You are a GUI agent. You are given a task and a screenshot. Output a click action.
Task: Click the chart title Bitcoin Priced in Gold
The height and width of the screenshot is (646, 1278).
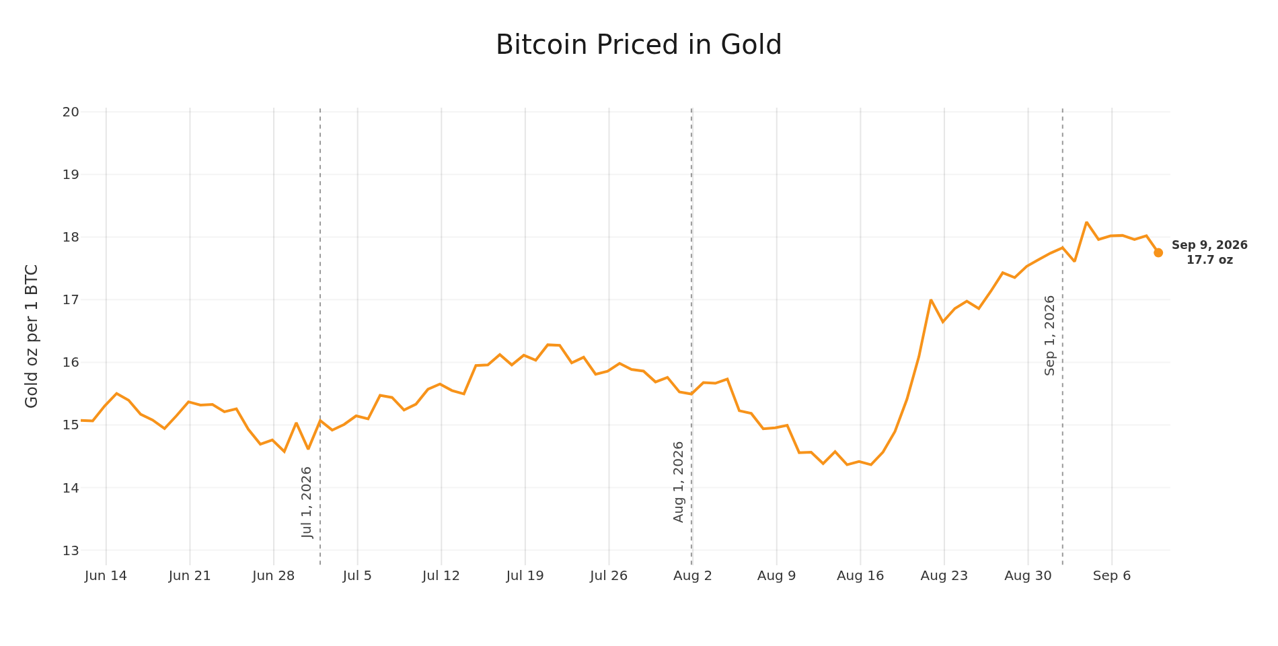638,45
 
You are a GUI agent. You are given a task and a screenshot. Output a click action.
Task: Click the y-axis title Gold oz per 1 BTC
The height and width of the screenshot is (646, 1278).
32,336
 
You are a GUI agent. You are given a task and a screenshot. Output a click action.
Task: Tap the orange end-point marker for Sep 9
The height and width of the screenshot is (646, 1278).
1158,252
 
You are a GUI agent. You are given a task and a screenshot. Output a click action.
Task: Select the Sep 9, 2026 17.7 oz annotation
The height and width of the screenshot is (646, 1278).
1209,252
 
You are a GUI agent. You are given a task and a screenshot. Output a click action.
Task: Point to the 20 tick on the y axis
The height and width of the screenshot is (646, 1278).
71,112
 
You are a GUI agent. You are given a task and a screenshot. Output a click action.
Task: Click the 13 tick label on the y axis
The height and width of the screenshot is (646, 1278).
71,550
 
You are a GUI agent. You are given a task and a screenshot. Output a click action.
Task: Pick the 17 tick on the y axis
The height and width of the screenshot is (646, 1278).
71,299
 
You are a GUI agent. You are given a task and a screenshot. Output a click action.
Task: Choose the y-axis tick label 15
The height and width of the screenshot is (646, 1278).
71,425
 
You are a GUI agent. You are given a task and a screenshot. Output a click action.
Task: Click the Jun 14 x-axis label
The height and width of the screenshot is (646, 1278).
106,576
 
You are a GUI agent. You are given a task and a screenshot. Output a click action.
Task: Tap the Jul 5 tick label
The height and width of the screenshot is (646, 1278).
357,576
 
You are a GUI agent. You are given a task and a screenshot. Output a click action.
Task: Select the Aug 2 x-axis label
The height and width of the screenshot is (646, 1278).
693,576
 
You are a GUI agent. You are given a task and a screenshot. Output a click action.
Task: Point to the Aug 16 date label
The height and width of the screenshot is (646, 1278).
860,576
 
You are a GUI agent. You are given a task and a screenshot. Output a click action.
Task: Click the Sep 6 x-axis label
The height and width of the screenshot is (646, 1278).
1112,576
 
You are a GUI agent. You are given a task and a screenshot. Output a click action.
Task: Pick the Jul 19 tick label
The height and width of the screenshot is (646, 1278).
525,576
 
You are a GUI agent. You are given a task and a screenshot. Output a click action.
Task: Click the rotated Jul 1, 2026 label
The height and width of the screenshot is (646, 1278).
307,502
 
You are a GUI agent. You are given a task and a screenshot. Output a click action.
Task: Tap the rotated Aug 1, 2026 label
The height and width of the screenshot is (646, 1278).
678,482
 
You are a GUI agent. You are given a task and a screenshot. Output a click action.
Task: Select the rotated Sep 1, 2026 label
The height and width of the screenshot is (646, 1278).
1049,335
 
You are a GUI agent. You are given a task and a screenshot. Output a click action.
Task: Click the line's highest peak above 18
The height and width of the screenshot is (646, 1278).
1086,222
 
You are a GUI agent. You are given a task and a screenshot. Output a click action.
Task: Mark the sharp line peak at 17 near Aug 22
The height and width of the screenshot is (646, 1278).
931,300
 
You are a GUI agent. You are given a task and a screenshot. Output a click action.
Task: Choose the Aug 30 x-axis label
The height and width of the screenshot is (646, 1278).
1028,576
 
